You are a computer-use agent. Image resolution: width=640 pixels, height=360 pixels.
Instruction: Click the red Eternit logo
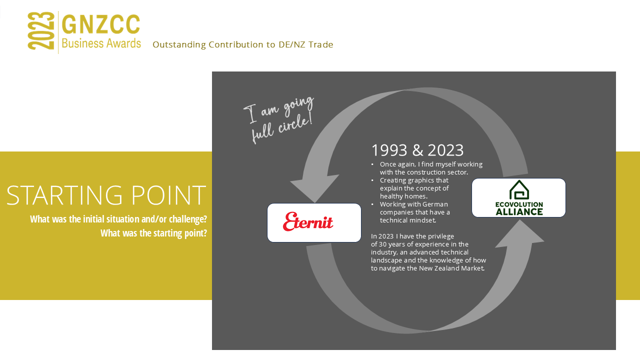[308, 221]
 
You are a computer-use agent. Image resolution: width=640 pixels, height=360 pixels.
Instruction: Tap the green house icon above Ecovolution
[519, 190]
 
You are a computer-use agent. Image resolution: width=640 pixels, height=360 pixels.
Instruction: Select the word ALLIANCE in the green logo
[519, 211]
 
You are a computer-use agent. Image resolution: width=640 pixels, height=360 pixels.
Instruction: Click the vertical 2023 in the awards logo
[41, 31]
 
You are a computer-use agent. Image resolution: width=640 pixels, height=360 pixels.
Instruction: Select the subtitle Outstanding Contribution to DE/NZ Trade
[242, 45]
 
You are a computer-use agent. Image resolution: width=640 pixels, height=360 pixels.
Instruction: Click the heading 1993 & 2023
[417, 150]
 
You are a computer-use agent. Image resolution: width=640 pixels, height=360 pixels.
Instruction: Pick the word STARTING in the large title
[62, 195]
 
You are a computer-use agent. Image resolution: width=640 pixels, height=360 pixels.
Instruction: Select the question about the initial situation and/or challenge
[118, 219]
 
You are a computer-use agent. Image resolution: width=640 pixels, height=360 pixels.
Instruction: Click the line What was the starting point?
[153, 233]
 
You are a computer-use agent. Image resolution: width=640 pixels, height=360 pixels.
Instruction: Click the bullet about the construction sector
[430, 168]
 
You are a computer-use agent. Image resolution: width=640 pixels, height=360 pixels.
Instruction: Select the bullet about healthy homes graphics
[414, 188]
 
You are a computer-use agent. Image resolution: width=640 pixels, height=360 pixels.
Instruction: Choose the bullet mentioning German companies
[414, 212]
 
